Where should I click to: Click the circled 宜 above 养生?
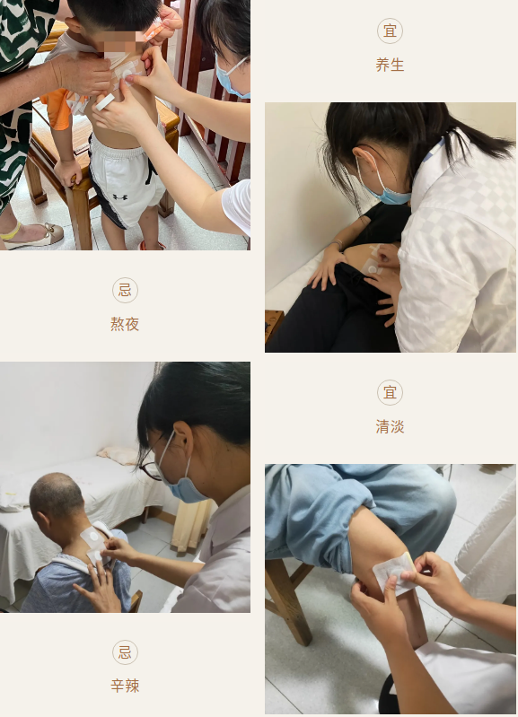coord(390,31)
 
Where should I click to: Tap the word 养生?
coord(390,65)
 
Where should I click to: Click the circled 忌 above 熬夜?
coord(125,290)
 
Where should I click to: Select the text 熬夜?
coord(125,324)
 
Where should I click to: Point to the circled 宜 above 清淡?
coord(390,392)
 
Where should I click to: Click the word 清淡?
coord(390,426)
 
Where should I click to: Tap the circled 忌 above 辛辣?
coord(125,652)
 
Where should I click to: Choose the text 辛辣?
coord(125,686)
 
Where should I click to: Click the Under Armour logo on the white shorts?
coord(120,197)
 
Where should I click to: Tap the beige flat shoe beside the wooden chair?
coord(33,234)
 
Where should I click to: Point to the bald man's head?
coord(56,499)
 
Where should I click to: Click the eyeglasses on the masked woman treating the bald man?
coord(150,468)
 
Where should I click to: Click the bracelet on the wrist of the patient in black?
coord(338,245)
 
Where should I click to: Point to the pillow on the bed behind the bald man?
coord(119,455)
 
